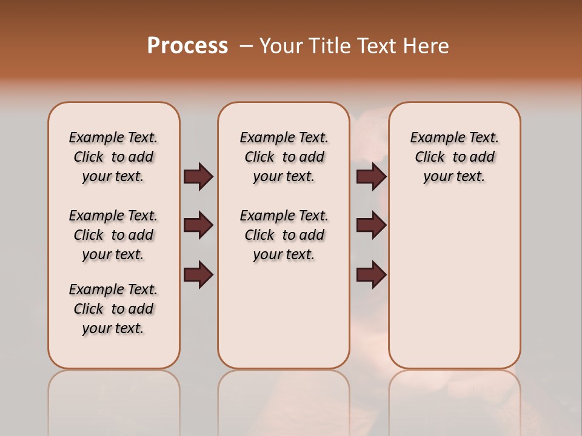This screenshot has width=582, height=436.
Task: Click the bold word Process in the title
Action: (187, 46)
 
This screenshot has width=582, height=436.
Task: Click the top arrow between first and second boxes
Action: (198, 177)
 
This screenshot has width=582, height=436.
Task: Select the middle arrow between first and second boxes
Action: (198, 226)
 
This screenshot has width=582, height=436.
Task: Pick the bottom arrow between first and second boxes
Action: (198, 275)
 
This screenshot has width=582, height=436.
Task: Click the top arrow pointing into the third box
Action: (371, 177)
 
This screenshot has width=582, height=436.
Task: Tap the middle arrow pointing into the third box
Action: (371, 226)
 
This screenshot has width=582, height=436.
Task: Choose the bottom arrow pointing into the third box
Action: (371, 275)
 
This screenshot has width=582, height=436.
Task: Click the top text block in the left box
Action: (113, 157)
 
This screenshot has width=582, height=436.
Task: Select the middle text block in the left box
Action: (113, 235)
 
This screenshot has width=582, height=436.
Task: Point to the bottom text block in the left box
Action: (113, 309)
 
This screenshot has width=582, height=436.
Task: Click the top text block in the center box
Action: (284, 157)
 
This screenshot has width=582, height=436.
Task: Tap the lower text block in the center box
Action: (284, 235)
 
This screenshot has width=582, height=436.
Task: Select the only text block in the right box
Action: (454, 157)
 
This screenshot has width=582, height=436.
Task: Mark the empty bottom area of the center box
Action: (284, 321)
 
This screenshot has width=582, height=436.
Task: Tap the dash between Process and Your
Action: (246, 46)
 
